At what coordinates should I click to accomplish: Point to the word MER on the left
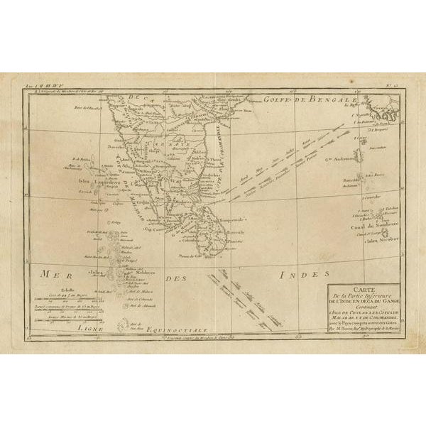[x=51, y=273]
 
